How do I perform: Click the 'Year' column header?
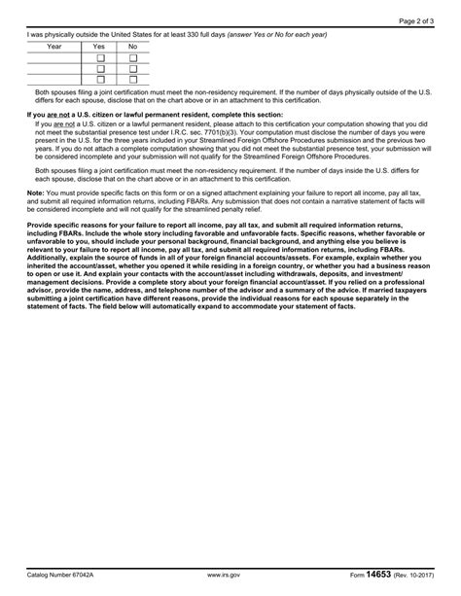tap(54, 46)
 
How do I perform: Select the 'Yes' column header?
tap(99, 46)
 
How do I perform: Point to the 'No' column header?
tap(133, 46)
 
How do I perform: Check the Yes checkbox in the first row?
tap(99, 57)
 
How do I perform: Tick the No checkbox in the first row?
tap(133, 57)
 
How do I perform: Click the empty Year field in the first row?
tap(54, 57)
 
